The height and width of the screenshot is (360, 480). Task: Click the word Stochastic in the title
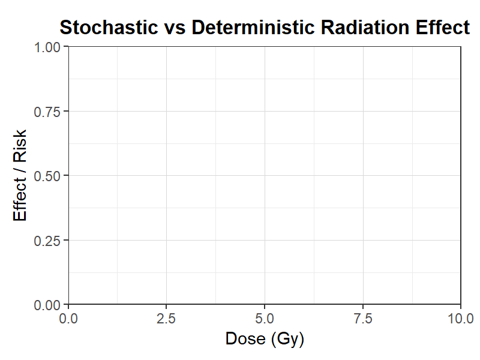(109, 27)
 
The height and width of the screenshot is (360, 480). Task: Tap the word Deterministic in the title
(253, 27)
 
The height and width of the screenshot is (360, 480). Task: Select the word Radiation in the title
(365, 27)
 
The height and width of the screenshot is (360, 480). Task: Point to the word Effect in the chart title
(442, 27)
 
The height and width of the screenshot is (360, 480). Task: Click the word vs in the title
(175, 29)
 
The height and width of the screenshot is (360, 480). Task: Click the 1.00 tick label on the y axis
(47, 47)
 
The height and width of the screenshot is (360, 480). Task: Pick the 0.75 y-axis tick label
(47, 112)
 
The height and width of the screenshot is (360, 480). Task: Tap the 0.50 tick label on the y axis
(47, 176)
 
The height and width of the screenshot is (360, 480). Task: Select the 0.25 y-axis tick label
(47, 241)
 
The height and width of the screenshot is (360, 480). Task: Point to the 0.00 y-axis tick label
(47, 305)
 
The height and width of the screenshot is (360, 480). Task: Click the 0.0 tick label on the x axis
(68, 319)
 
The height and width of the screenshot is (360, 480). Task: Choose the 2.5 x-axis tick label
(166, 319)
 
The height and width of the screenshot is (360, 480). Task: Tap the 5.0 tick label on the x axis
(265, 319)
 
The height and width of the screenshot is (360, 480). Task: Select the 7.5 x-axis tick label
(363, 319)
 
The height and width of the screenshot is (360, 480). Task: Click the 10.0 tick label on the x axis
(461, 319)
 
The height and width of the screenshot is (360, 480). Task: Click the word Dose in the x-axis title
(245, 339)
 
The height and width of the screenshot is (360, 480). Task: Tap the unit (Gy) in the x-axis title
(287, 340)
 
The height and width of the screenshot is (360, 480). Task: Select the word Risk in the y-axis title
(20, 146)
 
